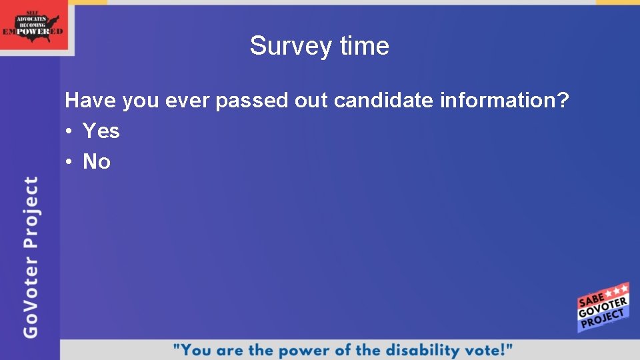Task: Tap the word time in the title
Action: (364, 46)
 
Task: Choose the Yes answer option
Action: (101, 131)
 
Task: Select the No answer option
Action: (97, 161)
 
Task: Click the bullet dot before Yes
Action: (69, 132)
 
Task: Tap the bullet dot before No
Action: (69, 162)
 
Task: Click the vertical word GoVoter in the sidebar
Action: (31, 297)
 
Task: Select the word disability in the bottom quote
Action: (418, 349)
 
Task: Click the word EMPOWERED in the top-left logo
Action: (33, 31)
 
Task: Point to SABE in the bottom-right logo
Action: (591, 298)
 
